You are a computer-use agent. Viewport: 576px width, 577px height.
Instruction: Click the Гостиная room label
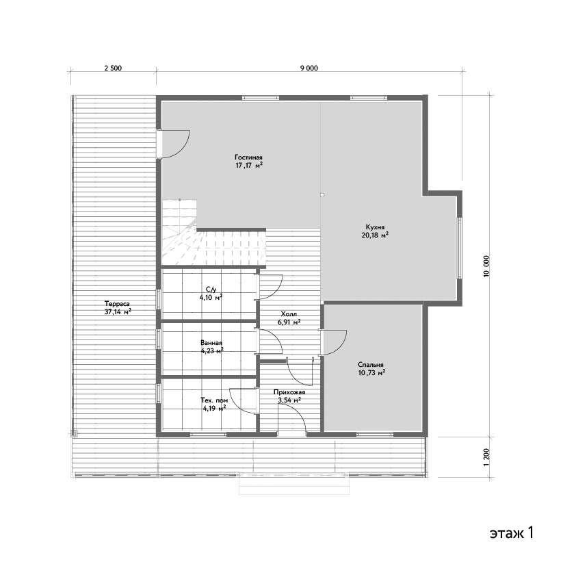tap(248, 157)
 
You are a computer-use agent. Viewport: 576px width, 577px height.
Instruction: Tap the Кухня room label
tap(375, 227)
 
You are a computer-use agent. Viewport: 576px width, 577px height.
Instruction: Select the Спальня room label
tap(371, 365)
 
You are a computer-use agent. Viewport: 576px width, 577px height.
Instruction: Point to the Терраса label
tap(117, 304)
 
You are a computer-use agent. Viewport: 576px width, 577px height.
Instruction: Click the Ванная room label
tap(211, 343)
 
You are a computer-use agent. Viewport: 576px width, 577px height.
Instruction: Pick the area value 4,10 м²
tap(211, 297)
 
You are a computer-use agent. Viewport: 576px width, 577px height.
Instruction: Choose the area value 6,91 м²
tap(289, 322)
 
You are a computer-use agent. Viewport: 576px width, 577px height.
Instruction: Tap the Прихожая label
tap(289, 392)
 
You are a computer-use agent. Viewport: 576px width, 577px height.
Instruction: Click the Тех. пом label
tap(214, 400)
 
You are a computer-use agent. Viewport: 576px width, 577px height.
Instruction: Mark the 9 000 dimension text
tap(309, 68)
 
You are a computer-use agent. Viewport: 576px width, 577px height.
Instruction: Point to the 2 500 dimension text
tap(113, 68)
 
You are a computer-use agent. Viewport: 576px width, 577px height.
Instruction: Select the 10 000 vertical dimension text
tap(487, 266)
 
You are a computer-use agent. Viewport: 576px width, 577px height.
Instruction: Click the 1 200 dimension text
tap(487, 457)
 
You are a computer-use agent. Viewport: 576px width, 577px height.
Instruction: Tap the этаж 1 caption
tap(511, 533)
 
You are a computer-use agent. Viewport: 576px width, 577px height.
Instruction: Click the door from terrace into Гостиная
tap(174, 144)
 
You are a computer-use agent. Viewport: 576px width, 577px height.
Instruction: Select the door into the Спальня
tap(333, 342)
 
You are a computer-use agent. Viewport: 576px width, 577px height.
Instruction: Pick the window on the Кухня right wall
tap(460, 248)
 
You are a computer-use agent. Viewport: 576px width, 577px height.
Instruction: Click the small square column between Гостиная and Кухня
tap(322, 195)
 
